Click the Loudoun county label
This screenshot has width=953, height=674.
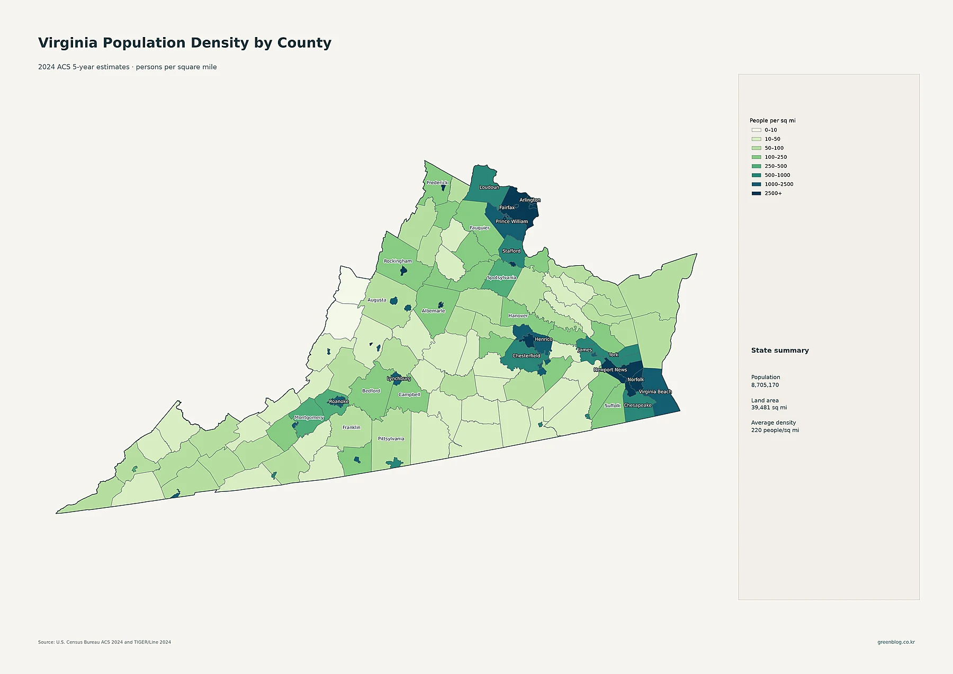pos(489,187)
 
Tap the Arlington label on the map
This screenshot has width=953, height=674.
pos(530,200)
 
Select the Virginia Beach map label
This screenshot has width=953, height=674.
pos(655,392)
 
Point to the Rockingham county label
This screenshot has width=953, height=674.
pos(398,261)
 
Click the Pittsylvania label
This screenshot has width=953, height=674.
pos(391,439)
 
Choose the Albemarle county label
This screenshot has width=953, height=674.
pos(433,311)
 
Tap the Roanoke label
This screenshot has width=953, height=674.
pos(339,401)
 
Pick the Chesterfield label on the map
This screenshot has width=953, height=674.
pos(526,356)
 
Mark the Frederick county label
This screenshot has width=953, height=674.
pos(437,183)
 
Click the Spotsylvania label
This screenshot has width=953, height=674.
pos(501,277)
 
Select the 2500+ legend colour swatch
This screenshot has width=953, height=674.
pos(756,193)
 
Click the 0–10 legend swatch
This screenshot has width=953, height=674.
pos(756,130)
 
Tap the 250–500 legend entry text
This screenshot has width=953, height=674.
pos(776,166)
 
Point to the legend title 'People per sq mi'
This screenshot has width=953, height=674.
pos(772,121)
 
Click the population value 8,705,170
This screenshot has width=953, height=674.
pos(765,385)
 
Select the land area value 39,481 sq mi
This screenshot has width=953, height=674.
pos(769,408)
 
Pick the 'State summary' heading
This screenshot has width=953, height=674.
pos(780,351)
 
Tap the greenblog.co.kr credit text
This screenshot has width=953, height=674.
pos(896,642)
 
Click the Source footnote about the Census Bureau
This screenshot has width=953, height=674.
pos(104,642)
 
